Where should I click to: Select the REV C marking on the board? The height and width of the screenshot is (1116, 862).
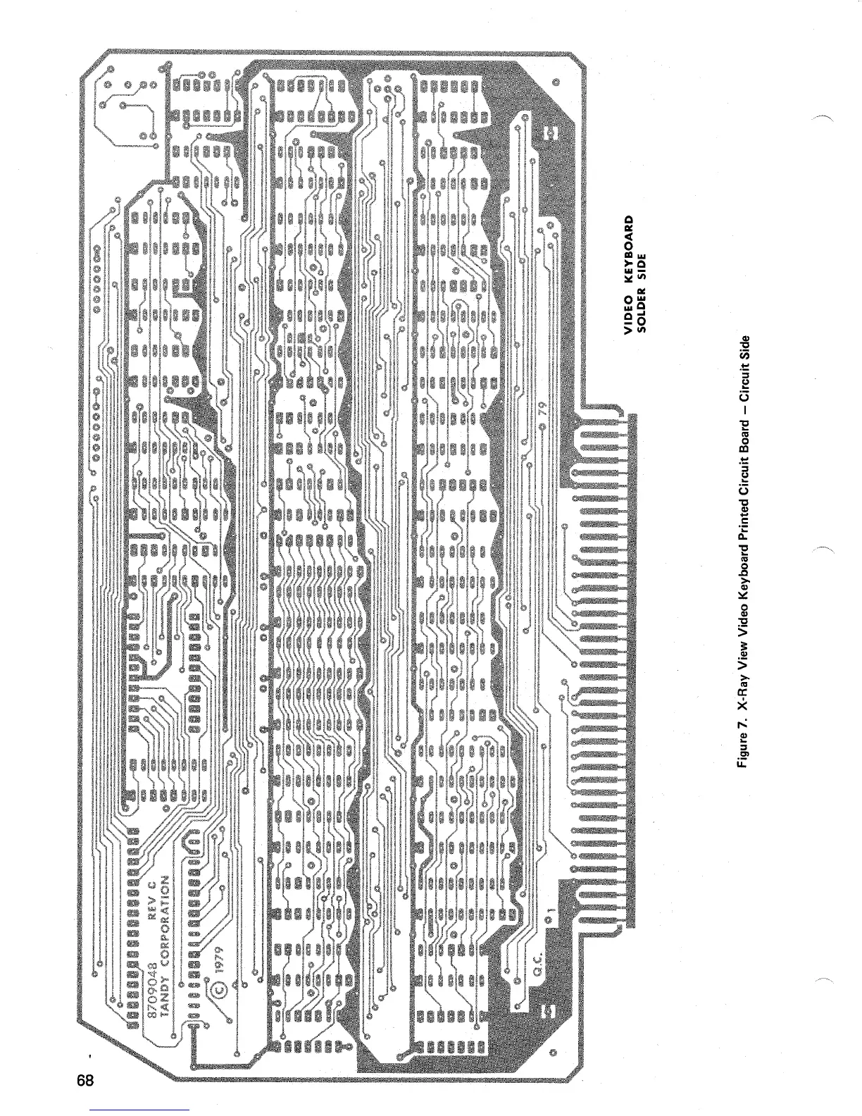150,900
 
